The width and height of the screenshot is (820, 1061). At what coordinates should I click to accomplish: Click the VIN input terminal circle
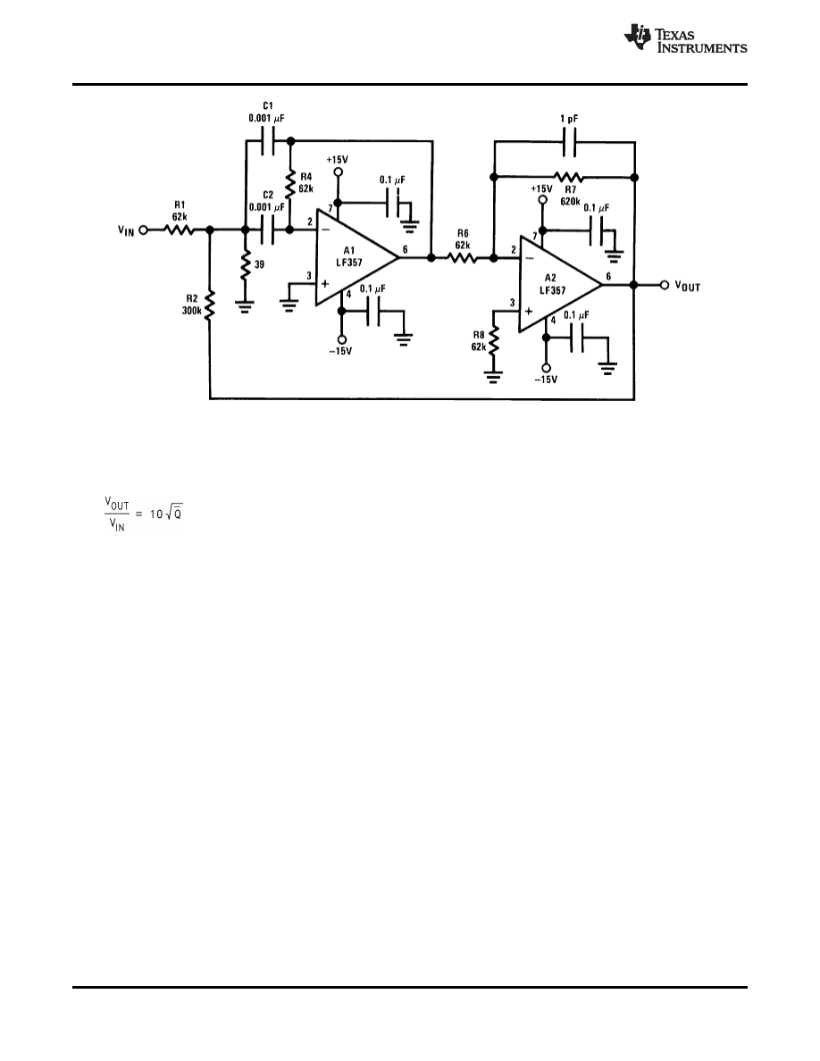pos(142,230)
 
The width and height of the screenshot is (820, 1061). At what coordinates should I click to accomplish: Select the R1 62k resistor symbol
pos(178,230)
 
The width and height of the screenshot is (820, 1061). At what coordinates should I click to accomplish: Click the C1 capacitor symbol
pos(269,139)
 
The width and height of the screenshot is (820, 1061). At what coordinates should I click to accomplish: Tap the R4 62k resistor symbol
pos(289,184)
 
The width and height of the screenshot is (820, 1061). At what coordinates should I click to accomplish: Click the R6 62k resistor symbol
pos(462,258)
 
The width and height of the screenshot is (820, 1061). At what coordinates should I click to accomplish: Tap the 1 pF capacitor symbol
pos(567,140)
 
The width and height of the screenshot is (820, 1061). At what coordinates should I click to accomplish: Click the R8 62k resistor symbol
pos(494,340)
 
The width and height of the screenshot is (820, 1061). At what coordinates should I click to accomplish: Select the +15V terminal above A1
pos(338,171)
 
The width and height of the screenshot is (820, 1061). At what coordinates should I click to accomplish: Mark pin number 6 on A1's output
pos(406,250)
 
